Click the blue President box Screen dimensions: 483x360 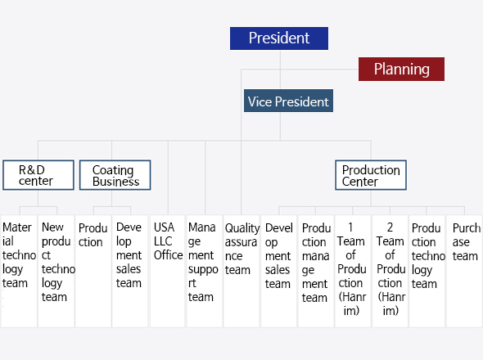click(x=279, y=38)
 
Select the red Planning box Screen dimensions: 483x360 click(x=401, y=69)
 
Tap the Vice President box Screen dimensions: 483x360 click(x=288, y=101)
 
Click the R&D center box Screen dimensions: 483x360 click(x=38, y=175)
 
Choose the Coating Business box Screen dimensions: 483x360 click(x=115, y=175)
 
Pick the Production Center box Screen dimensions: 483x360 click(x=371, y=175)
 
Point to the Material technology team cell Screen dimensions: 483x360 click(x=19, y=271)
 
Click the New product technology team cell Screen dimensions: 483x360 click(x=56, y=271)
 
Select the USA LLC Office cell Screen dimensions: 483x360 click(x=168, y=271)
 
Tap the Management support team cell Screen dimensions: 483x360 click(x=205, y=271)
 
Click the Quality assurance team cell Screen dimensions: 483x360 click(x=241, y=271)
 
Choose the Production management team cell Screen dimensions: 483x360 click(x=316, y=271)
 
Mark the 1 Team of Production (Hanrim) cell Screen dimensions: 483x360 click(x=353, y=271)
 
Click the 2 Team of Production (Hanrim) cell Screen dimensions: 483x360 click(x=390, y=271)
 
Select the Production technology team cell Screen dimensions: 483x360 click(x=427, y=271)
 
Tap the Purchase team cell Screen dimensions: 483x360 click(x=464, y=271)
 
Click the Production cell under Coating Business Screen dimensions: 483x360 click(x=93, y=271)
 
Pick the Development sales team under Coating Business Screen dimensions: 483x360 click(x=130, y=271)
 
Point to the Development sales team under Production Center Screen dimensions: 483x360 click(x=278, y=271)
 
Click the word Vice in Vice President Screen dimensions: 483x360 click(x=260, y=101)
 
